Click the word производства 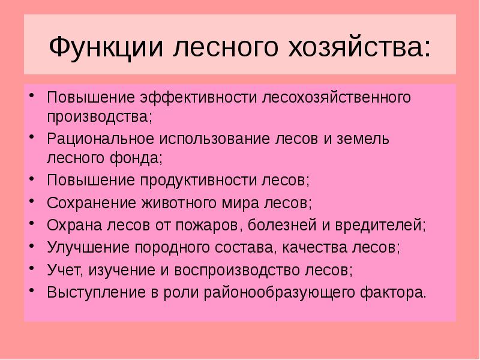click(99, 116)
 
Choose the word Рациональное click(99, 139)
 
